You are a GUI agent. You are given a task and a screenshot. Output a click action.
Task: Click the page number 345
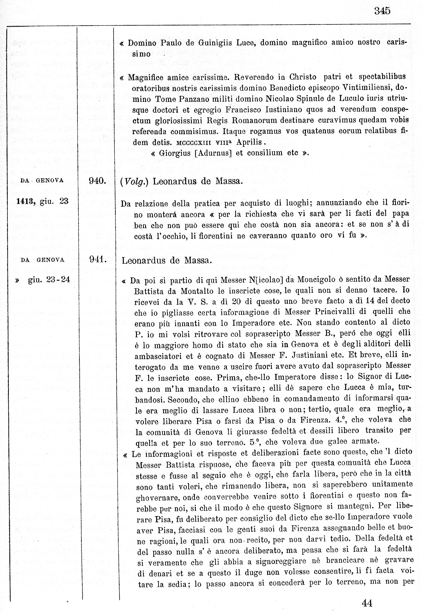pyautogui.click(x=382, y=11)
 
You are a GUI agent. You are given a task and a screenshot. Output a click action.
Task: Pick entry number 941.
pyautogui.click(x=98, y=260)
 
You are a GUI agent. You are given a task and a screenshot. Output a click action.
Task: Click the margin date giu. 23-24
pyautogui.click(x=49, y=280)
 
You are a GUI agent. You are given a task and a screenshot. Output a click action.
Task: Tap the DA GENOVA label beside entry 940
pyautogui.click(x=42, y=181)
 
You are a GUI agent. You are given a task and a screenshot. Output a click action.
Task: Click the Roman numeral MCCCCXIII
pyautogui.click(x=193, y=143)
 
